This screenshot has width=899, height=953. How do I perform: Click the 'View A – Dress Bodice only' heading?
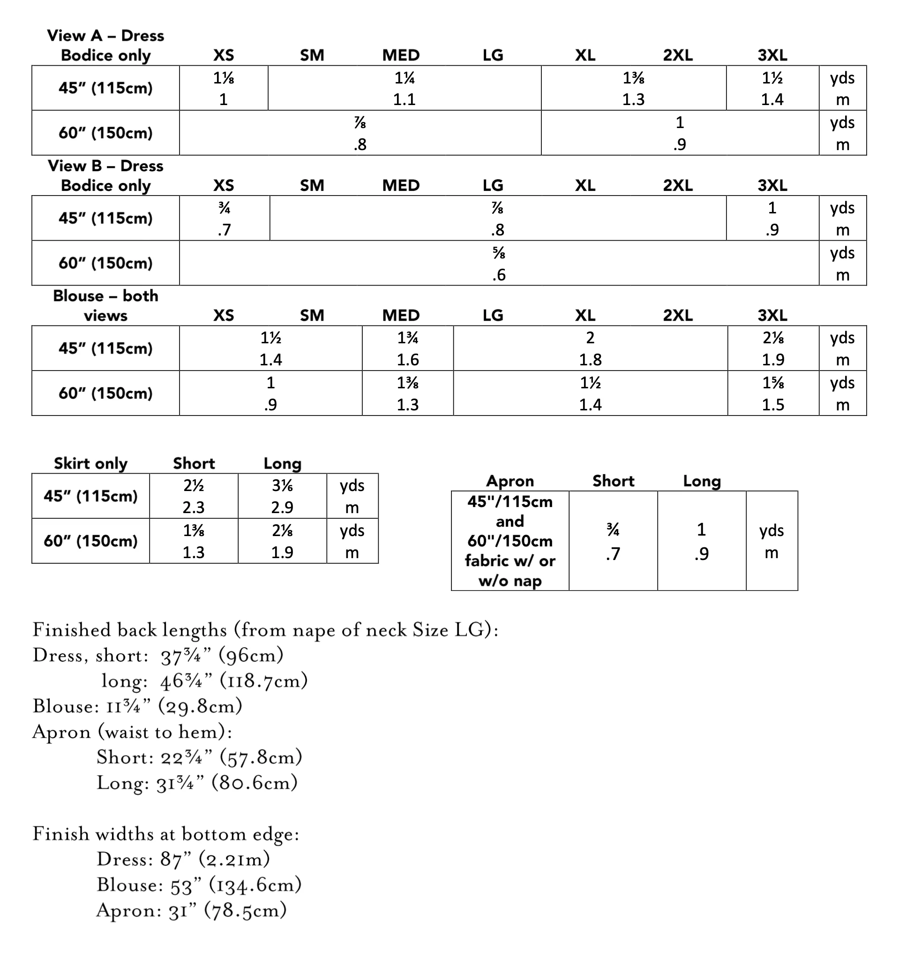pyautogui.click(x=105, y=45)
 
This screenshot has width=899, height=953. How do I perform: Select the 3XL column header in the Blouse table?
pyautogui.click(x=772, y=316)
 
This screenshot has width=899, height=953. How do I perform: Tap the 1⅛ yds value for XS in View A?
pyautogui.click(x=223, y=78)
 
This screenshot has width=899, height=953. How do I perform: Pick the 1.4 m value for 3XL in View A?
pyautogui.click(x=772, y=100)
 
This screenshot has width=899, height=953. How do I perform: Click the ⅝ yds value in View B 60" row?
pyautogui.click(x=498, y=253)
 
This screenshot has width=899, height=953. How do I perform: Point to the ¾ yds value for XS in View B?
pyautogui.click(x=224, y=208)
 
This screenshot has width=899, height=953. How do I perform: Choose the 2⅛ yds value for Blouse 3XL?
pyautogui.click(x=772, y=338)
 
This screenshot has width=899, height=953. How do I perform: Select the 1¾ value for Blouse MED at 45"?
pyautogui.click(x=407, y=338)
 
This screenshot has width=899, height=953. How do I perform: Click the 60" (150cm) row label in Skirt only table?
pyautogui.click(x=90, y=541)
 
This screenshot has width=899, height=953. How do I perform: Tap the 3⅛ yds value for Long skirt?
pyautogui.click(x=282, y=485)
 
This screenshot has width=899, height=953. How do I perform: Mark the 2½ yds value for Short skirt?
pyautogui.click(x=194, y=485)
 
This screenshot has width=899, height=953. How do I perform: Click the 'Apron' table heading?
pyautogui.click(x=510, y=481)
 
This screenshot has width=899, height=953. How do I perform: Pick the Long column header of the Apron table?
pyautogui.click(x=702, y=481)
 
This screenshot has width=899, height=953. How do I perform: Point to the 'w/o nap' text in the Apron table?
pyautogui.click(x=510, y=581)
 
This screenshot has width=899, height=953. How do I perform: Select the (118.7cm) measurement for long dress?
pyautogui.click(x=263, y=681)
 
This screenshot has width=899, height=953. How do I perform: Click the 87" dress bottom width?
pyautogui.click(x=172, y=860)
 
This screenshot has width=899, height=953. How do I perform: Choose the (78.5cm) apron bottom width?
pyautogui.click(x=245, y=910)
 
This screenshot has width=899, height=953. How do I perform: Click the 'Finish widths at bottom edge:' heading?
pyautogui.click(x=166, y=834)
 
